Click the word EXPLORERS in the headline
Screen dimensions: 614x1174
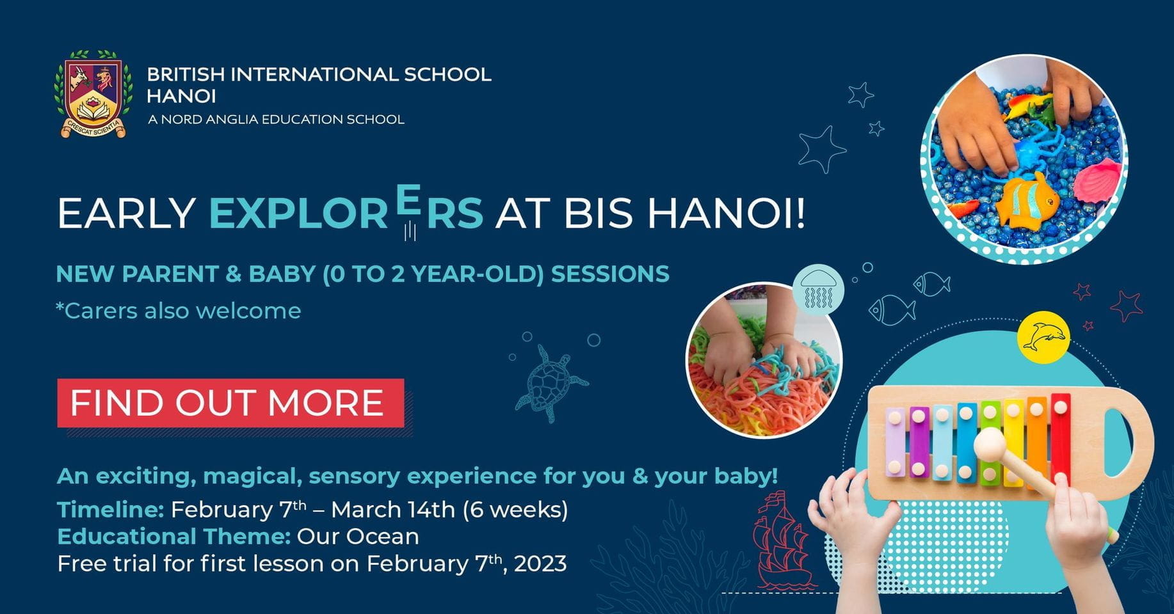pyautogui.click(x=346, y=212)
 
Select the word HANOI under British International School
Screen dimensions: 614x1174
pyautogui.click(x=181, y=97)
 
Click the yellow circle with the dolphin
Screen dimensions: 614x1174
pyautogui.click(x=1043, y=337)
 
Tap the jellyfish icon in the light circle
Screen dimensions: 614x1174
pyautogui.click(x=818, y=290)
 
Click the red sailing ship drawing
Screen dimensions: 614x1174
pyautogui.click(x=779, y=540)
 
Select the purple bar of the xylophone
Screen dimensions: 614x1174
pyautogui.click(x=919, y=441)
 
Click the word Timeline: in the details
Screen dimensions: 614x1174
pyautogui.click(x=111, y=510)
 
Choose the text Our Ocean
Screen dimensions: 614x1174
pyautogui.click(x=358, y=536)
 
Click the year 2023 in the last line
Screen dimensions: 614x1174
pyautogui.click(x=540, y=564)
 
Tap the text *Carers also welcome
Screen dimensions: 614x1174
pyautogui.click(x=179, y=311)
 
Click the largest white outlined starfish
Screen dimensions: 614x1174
pyautogui.click(x=822, y=148)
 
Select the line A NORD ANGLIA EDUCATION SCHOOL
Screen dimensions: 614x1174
pyautogui.click(x=276, y=119)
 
